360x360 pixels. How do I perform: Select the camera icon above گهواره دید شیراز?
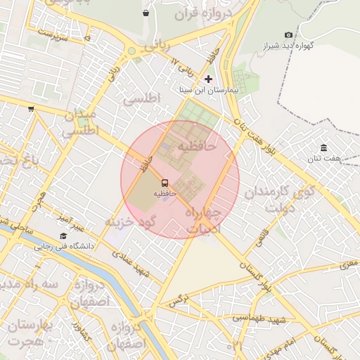click(x=288, y=34)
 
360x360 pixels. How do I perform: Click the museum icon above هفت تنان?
click(x=323, y=148)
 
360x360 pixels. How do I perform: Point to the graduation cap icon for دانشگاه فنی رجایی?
click(x=63, y=236)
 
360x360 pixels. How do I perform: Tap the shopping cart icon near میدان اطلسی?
click(x=31, y=108)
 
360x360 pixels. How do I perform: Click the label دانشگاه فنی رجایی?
click(x=63, y=247)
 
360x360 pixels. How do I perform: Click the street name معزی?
click(x=349, y=265)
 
